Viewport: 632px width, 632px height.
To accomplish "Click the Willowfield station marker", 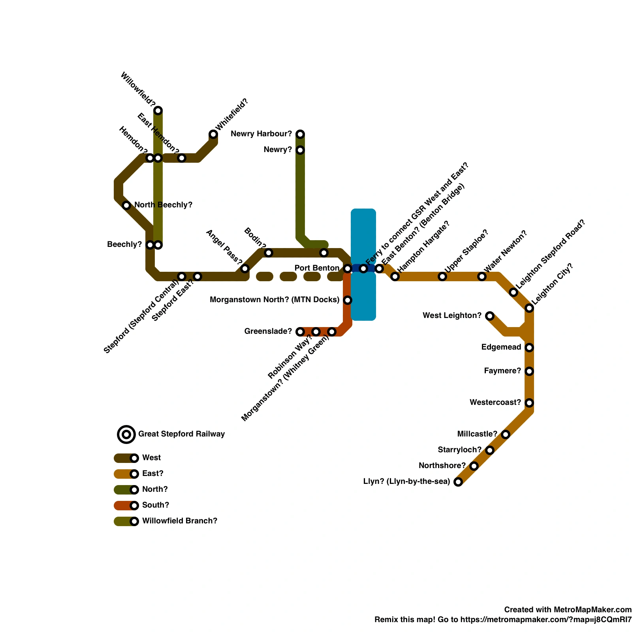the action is coord(158,111).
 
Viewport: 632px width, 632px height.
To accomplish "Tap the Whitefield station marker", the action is coord(213,134).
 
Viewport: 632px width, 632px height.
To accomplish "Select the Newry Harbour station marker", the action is coord(300,134).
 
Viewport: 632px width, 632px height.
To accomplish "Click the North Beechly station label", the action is coord(163,205).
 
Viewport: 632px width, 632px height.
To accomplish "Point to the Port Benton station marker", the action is coord(348,269).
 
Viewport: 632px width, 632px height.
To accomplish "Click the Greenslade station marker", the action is coord(300,332).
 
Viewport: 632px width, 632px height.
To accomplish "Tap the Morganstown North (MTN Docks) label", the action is coord(275,300).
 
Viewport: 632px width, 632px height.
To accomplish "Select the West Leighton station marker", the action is coord(490,316).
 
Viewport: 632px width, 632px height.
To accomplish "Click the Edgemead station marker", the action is coord(529,348).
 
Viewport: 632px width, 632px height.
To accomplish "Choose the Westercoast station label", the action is coord(495,403).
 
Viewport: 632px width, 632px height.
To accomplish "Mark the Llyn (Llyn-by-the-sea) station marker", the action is coord(458,482).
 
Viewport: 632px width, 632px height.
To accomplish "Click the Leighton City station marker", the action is coord(529,308).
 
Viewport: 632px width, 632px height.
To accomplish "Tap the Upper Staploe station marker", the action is coord(442,276).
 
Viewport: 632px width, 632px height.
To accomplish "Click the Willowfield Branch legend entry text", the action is coord(180,521).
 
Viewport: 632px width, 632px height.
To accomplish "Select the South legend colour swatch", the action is coord(124,506).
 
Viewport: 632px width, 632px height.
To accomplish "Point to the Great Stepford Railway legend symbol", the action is coord(126,434).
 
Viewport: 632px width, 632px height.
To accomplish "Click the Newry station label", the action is coord(278,150).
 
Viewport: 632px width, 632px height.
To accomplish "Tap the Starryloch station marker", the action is coord(490,450).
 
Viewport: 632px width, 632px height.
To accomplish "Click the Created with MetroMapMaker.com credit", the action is coord(568,609).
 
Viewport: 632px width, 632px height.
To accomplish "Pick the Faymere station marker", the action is coord(529,371).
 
